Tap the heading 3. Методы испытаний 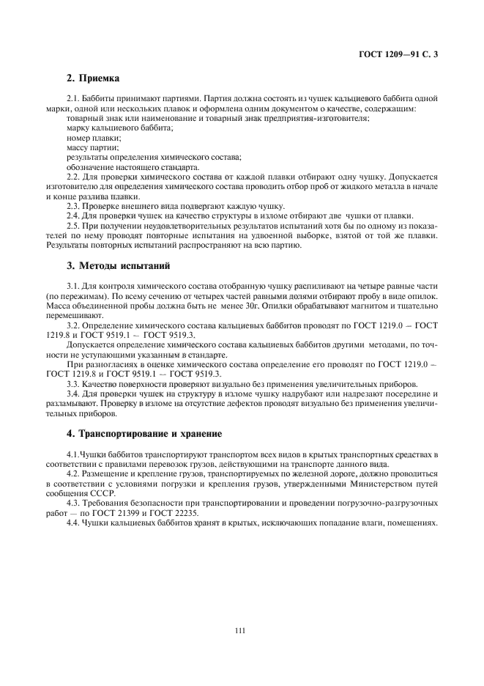(113, 265)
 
